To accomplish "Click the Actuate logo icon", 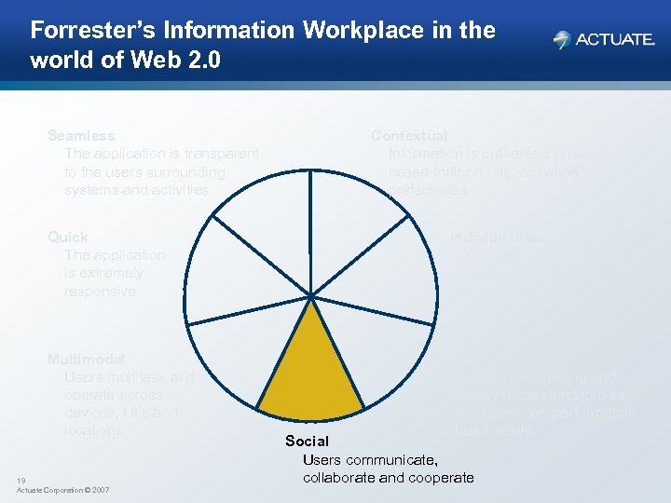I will [x=561, y=39].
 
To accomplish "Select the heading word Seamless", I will [x=81, y=136].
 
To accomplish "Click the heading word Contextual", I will [x=409, y=136].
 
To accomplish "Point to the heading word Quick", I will [x=68, y=238].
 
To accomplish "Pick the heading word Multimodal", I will [x=86, y=359].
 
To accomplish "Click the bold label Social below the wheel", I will [x=307, y=442].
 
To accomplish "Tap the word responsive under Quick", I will [x=100, y=292].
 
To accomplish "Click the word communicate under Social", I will [x=391, y=459].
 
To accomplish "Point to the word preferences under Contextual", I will [x=427, y=190].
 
